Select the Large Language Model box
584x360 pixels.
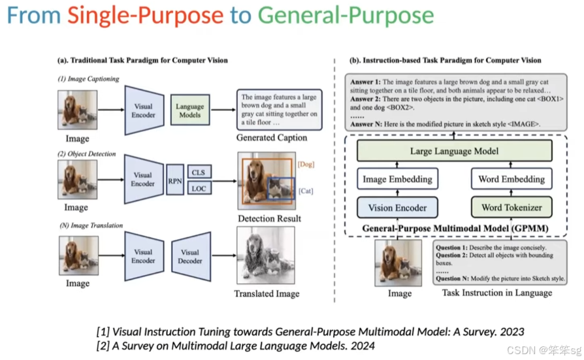(x=454, y=152)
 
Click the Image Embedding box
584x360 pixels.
(x=397, y=179)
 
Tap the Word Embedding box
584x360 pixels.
(x=511, y=179)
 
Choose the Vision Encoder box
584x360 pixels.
(x=397, y=208)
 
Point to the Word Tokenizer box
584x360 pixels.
(x=511, y=208)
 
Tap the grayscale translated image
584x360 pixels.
(x=266, y=254)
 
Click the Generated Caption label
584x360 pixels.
(x=272, y=139)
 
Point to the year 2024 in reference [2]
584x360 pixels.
(x=361, y=345)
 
